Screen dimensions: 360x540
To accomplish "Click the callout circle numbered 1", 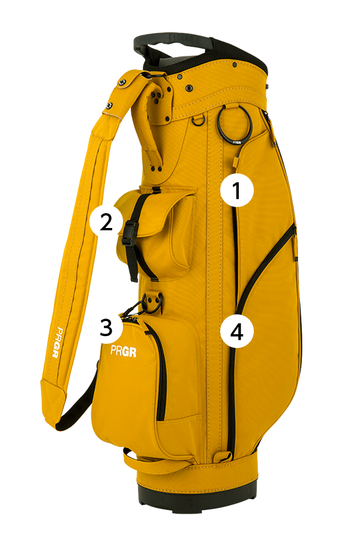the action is point(237,190).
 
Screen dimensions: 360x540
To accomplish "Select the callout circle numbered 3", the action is point(106,327).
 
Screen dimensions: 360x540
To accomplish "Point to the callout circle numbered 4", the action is point(237,332).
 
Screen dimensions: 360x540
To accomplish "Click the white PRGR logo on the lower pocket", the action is point(124,351).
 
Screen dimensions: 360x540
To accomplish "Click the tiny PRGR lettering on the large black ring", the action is point(236,142).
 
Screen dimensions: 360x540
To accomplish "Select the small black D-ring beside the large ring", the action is point(199,120).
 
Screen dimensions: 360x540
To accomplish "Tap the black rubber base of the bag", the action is point(197,493).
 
